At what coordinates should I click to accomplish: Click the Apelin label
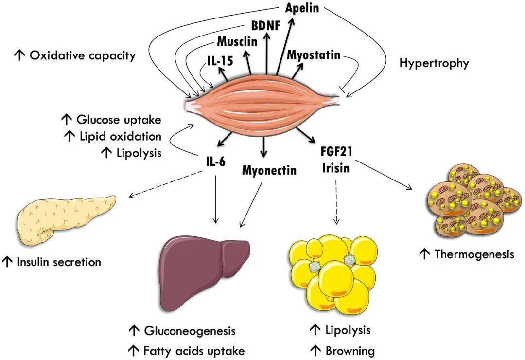pos(302,8)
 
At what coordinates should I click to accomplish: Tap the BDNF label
pos(265,25)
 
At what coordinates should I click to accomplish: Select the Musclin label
pos(237,41)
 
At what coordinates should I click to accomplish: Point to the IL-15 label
pos(220,61)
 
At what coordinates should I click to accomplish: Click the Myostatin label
pos(314,54)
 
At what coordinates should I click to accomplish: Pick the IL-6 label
pos(215,162)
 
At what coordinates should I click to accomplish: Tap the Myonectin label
pos(269,170)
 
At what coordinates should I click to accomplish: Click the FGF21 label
pos(336,151)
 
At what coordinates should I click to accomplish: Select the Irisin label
pos(336,168)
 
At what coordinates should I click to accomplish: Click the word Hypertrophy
pos(434,63)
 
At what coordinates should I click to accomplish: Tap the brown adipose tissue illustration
pos(475,200)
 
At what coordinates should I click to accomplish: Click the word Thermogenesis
pos(474,254)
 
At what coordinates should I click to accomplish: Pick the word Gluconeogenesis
pos(190,331)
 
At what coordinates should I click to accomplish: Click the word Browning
pos(350,351)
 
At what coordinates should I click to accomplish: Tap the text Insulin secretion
pos(59,262)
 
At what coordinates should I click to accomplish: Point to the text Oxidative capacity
pos(82,55)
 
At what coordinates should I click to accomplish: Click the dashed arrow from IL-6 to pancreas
pos(166,184)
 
